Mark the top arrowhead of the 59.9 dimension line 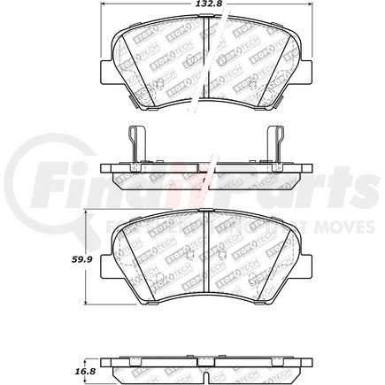pyautogui.click(x=85, y=212)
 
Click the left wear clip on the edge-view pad pyautogui.click(x=131, y=147)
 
